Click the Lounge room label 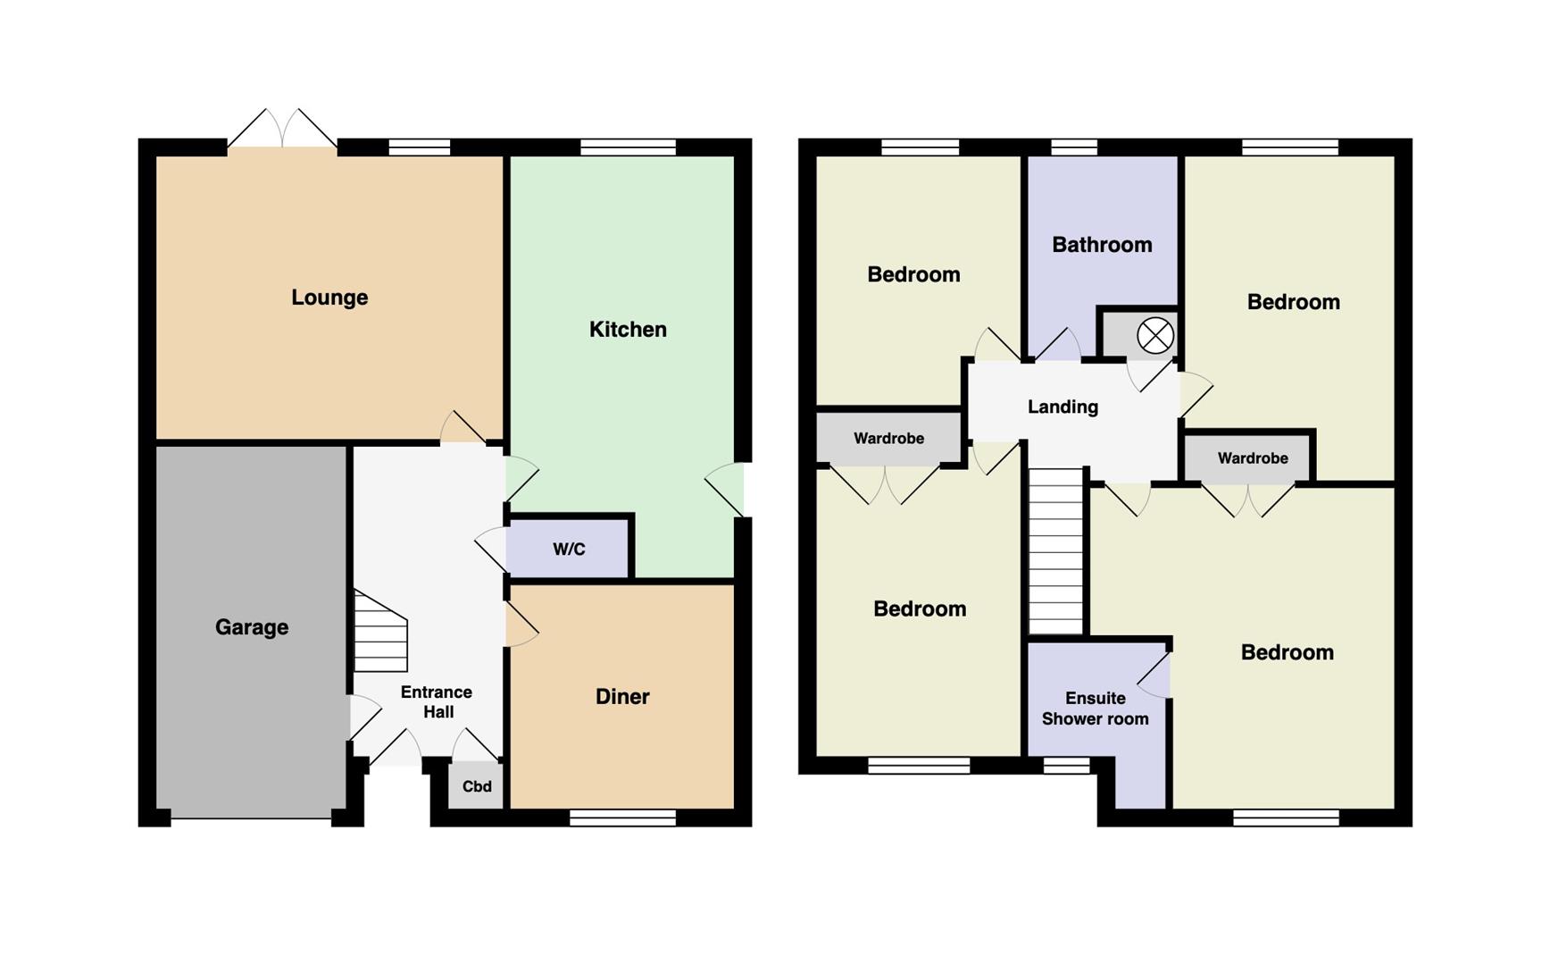329,298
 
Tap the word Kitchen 628,330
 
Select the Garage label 252,627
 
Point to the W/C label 569,549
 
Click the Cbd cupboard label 477,786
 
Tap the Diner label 622,697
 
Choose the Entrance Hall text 437,701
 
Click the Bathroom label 1102,245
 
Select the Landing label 1062,407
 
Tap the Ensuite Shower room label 1096,709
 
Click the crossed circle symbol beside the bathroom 1154,336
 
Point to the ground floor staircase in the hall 380,631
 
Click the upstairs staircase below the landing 1056,551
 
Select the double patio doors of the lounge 282,130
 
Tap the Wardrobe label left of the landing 888,439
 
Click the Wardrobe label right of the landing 1253,458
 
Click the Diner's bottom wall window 622,818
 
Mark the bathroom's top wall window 1074,147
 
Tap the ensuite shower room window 1066,765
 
